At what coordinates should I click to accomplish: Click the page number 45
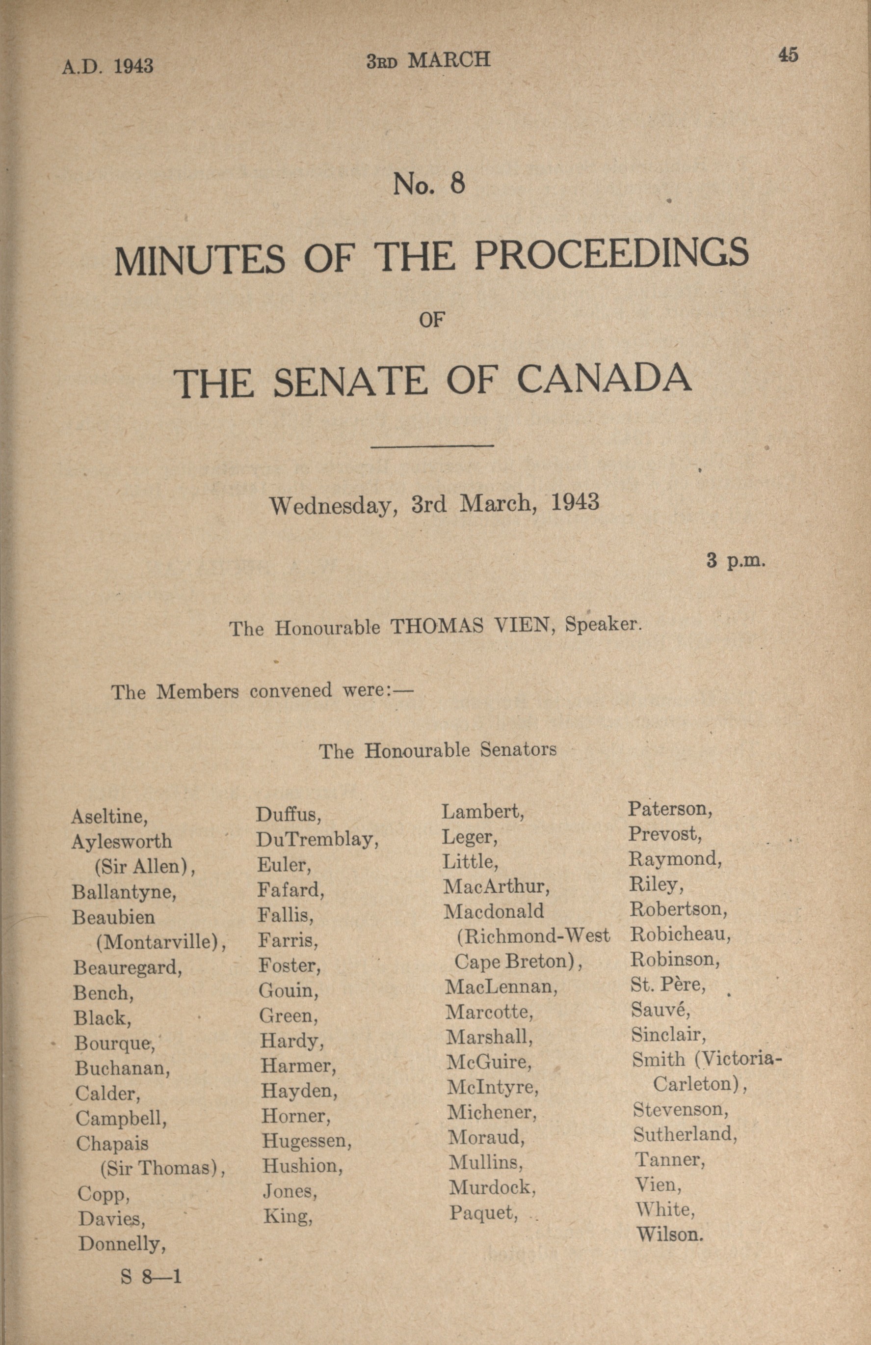[788, 55]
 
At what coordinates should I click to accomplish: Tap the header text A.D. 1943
[107, 67]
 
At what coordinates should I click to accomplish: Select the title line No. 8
[429, 184]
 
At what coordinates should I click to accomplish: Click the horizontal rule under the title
[432, 446]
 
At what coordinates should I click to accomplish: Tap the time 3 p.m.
[736, 561]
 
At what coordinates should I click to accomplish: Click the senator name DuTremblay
[317, 840]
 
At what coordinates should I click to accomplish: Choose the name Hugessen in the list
[306, 1140]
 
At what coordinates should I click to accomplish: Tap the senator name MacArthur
[497, 886]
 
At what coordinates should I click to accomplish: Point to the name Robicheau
[680, 934]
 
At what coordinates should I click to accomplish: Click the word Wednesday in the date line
[330, 505]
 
